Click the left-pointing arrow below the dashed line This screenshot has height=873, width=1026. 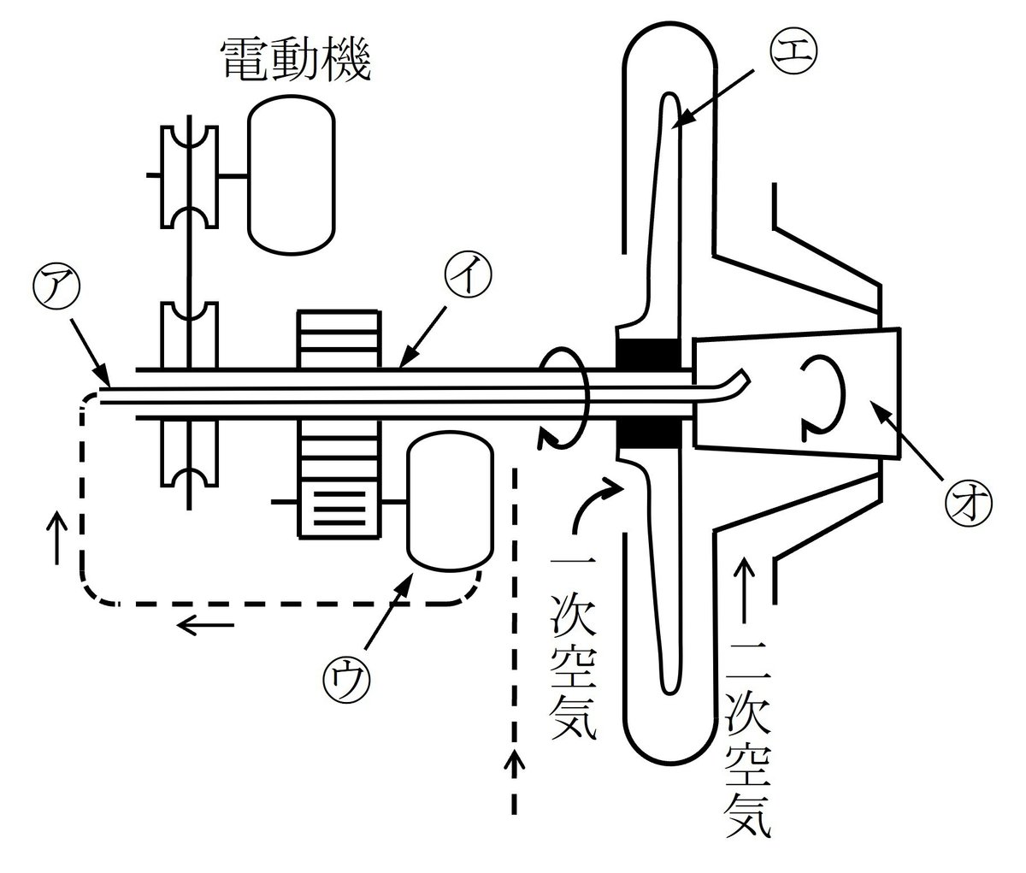(204, 627)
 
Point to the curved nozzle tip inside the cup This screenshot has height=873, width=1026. (736, 380)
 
